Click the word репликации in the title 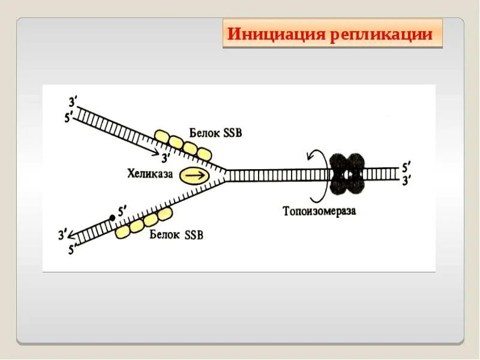point(380,34)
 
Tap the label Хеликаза point(149,174)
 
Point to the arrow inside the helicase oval point(193,175)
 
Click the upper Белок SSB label point(215,133)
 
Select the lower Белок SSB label point(176,235)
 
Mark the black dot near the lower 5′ point(112,218)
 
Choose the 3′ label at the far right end point(407,179)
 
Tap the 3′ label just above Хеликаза point(167,158)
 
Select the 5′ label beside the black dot point(122,211)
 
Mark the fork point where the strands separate point(226,175)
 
